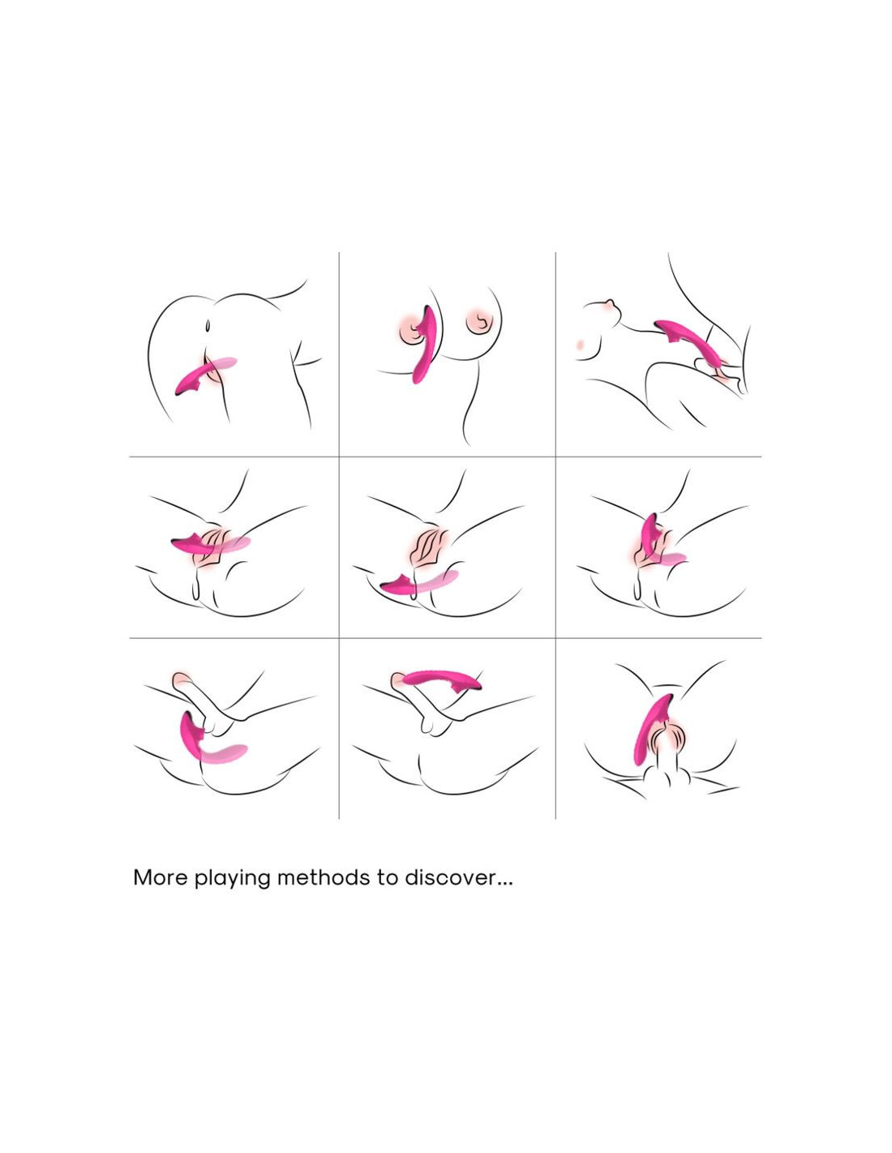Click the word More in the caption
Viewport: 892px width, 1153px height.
click(161, 878)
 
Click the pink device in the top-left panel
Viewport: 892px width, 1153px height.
click(204, 375)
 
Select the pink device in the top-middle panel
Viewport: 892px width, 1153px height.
click(423, 344)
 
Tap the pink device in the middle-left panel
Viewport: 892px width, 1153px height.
click(211, 543)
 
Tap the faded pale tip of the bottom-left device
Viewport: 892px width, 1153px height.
click(225, 753)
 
